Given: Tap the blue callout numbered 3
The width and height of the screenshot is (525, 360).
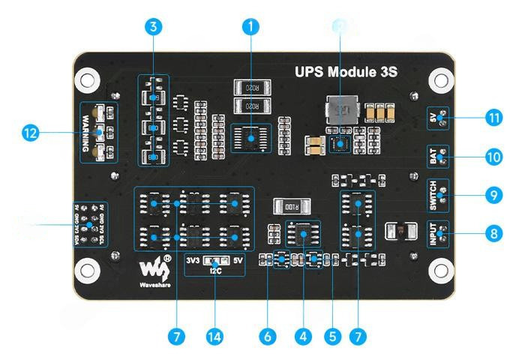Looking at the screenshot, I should [153, 26].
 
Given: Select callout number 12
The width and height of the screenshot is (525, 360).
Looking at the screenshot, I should [31, 133].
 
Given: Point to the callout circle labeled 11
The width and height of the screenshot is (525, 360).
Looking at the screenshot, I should [492, 118].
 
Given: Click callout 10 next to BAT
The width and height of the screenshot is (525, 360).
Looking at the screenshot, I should [492, 157].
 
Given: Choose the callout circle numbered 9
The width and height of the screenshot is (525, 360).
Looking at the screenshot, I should [492, 194].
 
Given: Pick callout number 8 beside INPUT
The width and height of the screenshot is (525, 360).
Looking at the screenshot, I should [492, 233].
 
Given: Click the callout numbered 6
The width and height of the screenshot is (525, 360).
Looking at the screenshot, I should [266, 337].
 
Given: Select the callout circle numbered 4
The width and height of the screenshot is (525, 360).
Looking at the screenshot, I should [303, 337].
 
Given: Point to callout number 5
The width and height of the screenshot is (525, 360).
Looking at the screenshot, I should [333, 337].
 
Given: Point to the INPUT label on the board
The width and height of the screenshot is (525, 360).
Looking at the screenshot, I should [432, 234].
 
